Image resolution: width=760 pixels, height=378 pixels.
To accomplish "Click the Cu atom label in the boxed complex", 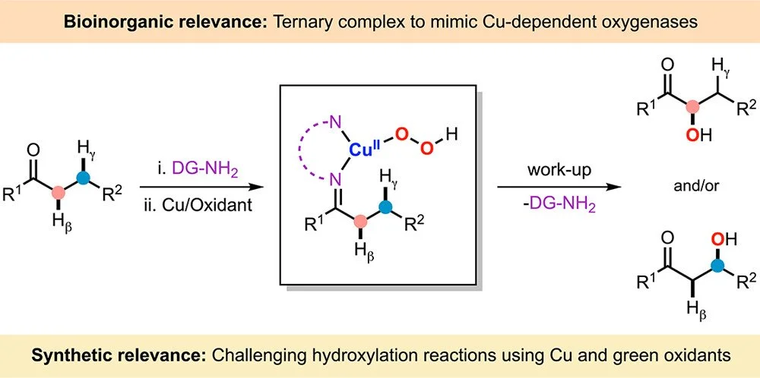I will [363, 150].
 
